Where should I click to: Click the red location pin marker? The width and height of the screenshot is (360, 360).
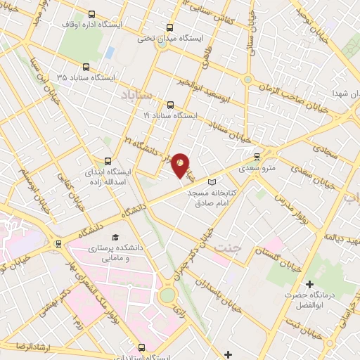(x=180, y=165)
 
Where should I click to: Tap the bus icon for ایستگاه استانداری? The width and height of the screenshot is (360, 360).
(x=143, y=347)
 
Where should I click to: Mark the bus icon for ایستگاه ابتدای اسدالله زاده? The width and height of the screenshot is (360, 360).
(x=108, y=160)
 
